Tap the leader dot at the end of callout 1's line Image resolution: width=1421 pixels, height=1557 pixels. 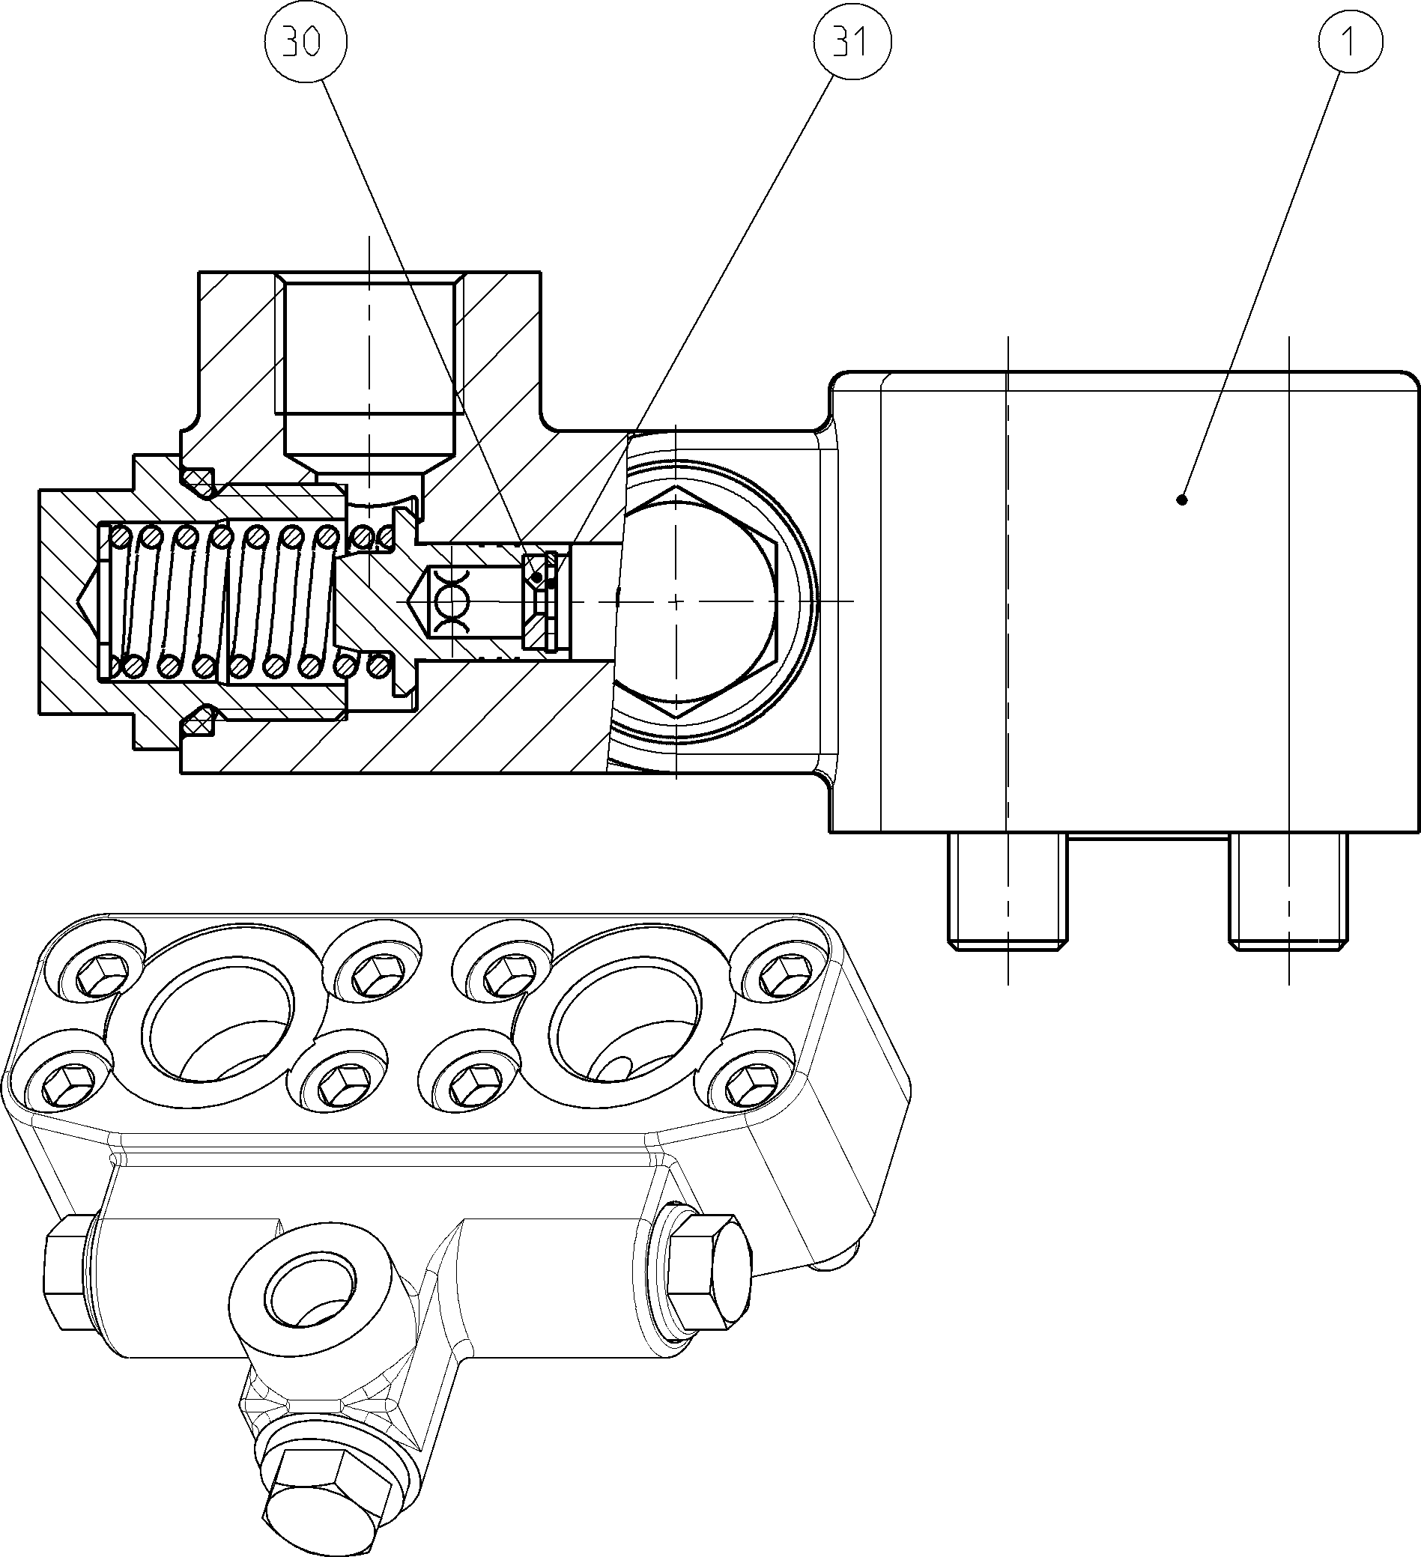(1181, 500)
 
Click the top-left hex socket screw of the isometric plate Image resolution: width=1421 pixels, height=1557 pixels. (96, 972)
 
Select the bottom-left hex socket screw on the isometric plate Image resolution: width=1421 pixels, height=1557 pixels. (63, 1083)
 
